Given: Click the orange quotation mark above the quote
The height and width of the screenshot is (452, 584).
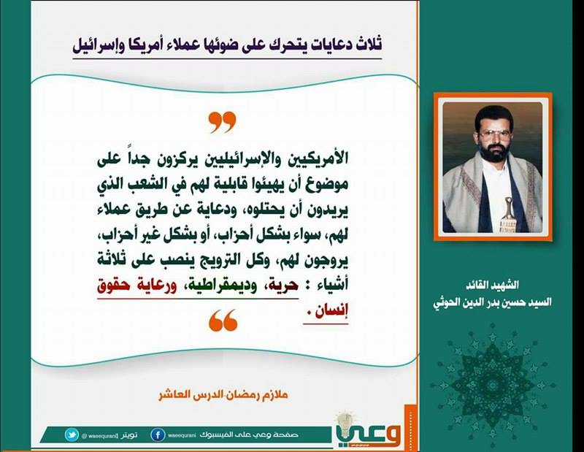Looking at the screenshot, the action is click(x=223, y=122).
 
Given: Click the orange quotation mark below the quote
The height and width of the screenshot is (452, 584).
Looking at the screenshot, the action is click(x=223, y=320).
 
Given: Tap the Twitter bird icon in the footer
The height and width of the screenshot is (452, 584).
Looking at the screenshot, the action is click(x=72, y=435).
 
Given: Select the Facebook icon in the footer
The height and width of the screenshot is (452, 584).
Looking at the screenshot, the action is click(x=158, y=435).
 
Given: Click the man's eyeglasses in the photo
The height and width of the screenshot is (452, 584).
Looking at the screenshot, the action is click(x=494, y=135).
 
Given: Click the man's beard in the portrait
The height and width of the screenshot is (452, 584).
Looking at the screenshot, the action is click(x=494, y=152).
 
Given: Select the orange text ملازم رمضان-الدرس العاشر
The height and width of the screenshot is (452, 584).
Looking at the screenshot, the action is click(x=223, y=394).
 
